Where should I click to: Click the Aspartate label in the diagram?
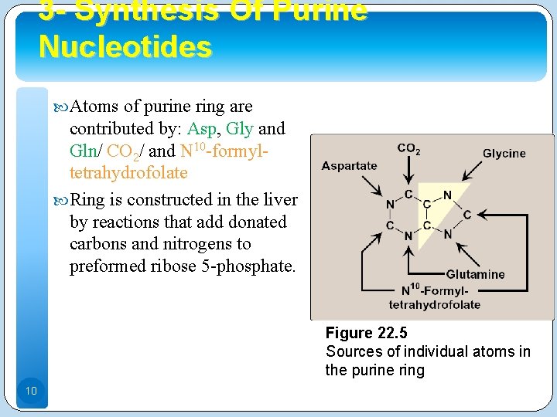[x=349, y=165]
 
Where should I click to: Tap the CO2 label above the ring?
[x=408, y=148]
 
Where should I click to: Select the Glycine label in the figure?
[x=504, y=154]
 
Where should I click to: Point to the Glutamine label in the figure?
[x=475, y=274]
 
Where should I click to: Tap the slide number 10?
[x=31, y=392]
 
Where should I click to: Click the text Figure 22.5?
[x=366, y=333]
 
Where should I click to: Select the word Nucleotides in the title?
[x=125, y=47]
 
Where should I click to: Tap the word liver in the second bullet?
[x=280, y=199]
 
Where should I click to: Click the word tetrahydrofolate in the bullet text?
[x=128, y=172]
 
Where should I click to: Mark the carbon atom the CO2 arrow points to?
[x=408, y=194]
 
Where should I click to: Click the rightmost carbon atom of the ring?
[x=466, y=215]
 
